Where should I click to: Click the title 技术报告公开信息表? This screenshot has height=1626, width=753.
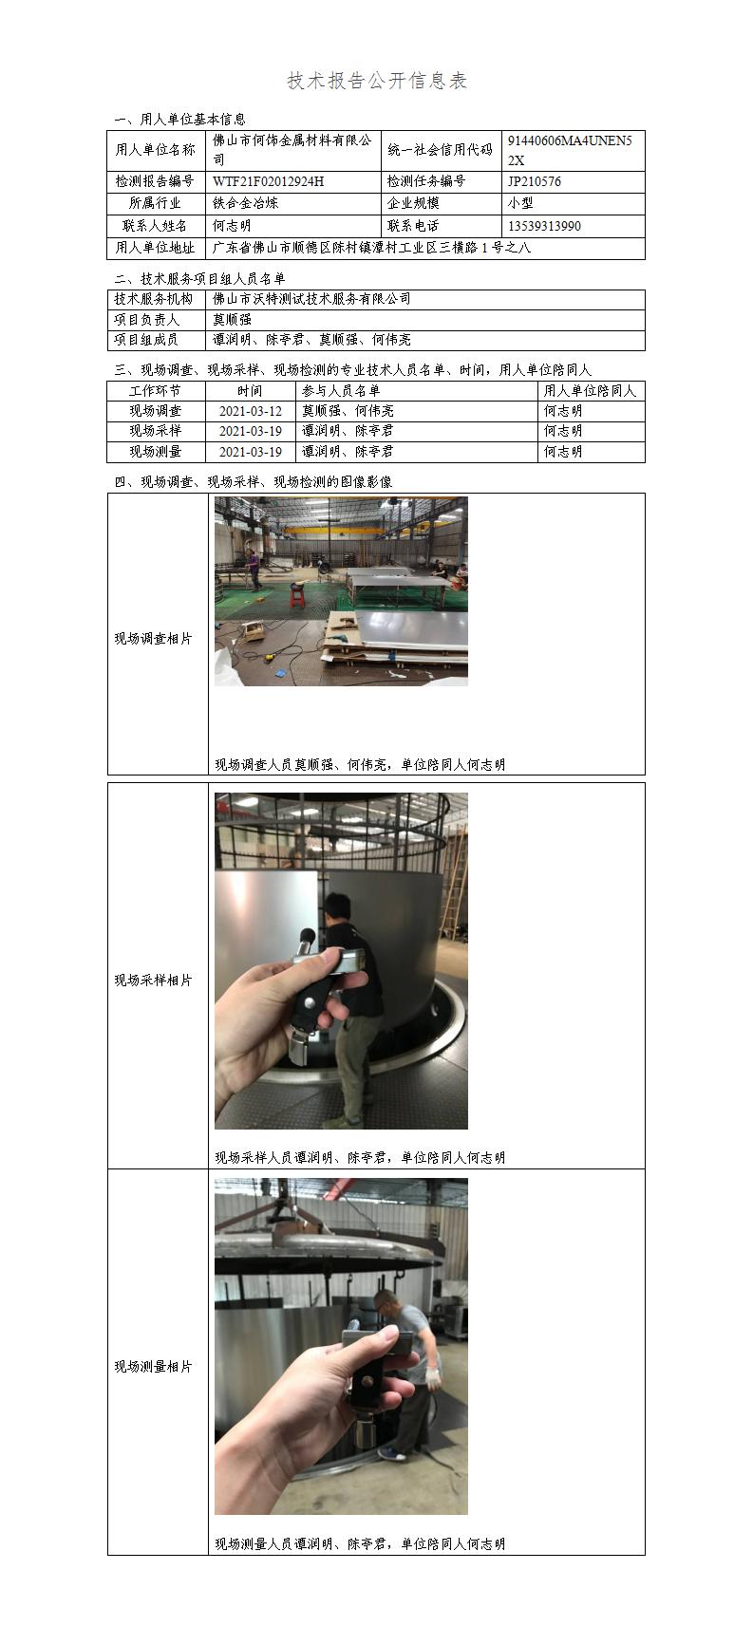tap(376, 81)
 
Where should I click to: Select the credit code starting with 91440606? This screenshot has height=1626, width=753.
tap(570, 150)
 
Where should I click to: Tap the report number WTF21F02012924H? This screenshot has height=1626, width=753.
tap(269, 181)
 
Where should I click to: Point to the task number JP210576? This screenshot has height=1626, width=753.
tap(535, 181)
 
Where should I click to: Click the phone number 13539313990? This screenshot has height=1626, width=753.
tap(545, 226)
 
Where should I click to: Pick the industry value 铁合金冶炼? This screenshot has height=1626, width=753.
tap(245, 203)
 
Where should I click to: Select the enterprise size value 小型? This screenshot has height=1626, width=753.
tap(520, 203)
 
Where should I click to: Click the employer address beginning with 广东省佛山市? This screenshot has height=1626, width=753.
tap(372, 248)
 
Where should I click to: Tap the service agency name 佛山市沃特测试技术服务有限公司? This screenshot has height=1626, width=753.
tap(311, 298)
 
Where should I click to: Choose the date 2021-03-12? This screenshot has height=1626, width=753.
tap(251, 411)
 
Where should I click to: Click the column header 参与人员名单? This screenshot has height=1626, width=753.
tap(341, 390)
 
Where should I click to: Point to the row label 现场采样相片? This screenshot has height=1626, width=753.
tap(153, 980)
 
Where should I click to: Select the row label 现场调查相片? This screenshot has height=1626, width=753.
tap(153, 639)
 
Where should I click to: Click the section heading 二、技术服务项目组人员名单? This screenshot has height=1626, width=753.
tap(200, 279)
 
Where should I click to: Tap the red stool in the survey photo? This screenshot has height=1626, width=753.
tap(296, 596)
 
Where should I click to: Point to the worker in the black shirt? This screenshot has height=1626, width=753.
tap(354, 1009)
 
